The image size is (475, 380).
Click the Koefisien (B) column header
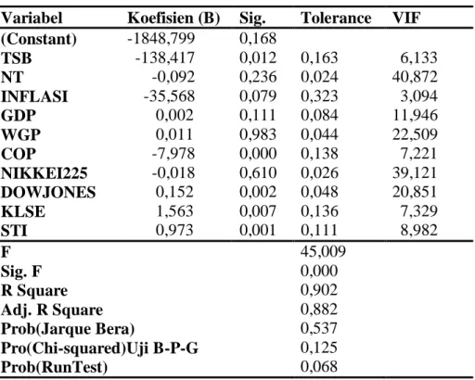173,19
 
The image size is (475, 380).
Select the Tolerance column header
336,18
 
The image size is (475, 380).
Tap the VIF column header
406,18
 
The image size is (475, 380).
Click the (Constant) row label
39,39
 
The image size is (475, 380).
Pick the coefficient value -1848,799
161,38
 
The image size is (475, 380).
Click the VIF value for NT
415,77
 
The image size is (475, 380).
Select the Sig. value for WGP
258,134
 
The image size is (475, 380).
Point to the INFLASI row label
34,96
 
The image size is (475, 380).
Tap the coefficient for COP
173,154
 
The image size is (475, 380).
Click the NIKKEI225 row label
45,173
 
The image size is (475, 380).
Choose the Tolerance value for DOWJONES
319,192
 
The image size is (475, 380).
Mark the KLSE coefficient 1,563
174,211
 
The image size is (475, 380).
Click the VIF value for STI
419,231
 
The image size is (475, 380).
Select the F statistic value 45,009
323,251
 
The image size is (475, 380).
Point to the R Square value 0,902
319,290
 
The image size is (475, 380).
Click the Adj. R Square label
52,310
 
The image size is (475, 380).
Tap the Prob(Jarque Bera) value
319,328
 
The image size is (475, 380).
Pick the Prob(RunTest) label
55,368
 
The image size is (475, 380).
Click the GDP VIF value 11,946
415,115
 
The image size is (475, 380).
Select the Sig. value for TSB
258,57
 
